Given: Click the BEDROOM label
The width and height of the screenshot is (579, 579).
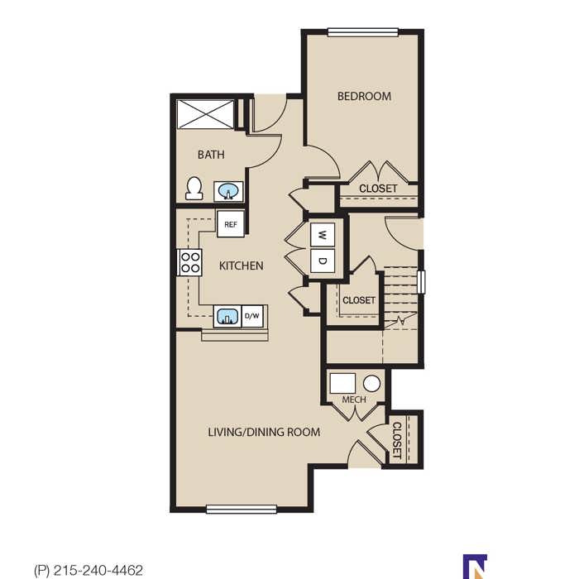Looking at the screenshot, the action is [364, 97].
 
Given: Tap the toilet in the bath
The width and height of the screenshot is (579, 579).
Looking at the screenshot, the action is [194, 189].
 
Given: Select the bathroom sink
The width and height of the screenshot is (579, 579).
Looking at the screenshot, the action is [228, 192].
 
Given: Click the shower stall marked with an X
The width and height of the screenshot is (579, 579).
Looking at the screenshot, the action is [205, 114].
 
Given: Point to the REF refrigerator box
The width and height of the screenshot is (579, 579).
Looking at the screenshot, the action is [231, 224].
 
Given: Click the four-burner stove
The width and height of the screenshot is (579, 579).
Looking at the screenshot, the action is [189, 262].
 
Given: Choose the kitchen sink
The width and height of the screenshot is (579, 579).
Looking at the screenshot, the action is [227, 317].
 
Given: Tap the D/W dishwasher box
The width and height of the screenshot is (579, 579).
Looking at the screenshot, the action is [252, 316].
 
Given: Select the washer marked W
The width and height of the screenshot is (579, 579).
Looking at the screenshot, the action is [323, 234].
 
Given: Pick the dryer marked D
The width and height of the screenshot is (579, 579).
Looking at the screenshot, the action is [323, 261].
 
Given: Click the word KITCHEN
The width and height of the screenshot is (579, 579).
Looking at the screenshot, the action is [242, 266].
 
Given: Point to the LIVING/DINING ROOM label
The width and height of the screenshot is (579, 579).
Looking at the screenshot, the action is [264, 432].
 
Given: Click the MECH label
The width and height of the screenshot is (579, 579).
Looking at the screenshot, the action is [354, 400].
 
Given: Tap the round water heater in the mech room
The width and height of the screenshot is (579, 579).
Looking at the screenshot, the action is [372, 384].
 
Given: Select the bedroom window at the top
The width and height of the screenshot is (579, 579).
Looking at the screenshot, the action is [363, 32].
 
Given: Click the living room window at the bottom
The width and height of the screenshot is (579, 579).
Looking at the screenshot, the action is [242, 510].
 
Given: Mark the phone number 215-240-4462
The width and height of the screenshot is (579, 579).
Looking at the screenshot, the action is [98, 571].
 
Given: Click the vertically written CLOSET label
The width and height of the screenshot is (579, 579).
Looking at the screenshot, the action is [396, 441].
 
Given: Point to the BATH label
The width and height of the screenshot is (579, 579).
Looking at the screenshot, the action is [211, 155].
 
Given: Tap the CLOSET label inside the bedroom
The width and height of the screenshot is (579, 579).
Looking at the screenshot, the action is [378, 189].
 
